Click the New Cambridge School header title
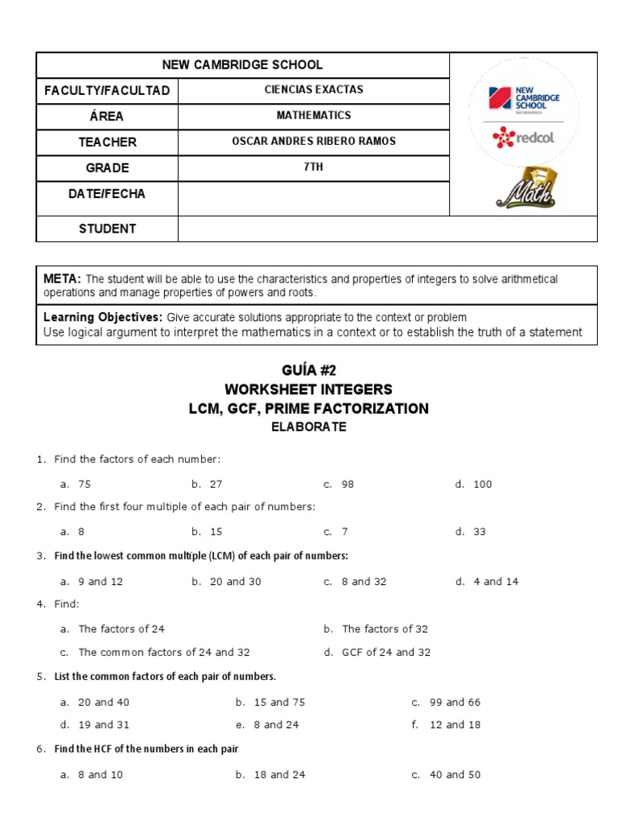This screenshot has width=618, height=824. [x=242, y=65]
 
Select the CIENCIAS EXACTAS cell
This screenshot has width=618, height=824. [x=313, y=90]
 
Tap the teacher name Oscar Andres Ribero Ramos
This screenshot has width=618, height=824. [x=313, y=142]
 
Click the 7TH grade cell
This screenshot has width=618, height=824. [x=313, y=167]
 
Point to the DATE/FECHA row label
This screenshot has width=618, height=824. [x=106, y=194]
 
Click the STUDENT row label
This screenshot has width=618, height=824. [x=106, y=229]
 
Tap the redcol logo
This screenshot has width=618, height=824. [x=523, y=137]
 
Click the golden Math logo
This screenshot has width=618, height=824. [x=527, y=190]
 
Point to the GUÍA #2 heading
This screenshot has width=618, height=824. [x=308, y=370]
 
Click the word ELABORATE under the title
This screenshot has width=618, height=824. [x=308, y=427]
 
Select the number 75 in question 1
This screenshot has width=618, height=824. [x=84, y=484]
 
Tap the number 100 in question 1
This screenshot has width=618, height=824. [x=482, y=484]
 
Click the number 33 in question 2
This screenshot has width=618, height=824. [x=480, y=532]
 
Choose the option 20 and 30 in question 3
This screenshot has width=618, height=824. [x=235, y=582]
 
